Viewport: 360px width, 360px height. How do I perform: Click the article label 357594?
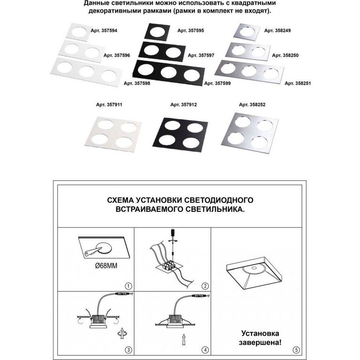point(104,30)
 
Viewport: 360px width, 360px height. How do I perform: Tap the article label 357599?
point(217,83)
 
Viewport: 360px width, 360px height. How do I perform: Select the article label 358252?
point(252,105)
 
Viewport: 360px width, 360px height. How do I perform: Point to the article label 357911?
point(109,105)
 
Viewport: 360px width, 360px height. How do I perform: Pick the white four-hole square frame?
point(113,135)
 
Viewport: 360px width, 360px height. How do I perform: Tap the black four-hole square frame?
point(180,135)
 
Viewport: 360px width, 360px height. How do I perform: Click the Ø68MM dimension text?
point(106,266)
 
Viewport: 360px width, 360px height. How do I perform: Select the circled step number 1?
point(128,286)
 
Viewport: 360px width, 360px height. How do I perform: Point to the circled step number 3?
point(128,350)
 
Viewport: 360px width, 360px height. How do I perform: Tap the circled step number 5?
point(296,350)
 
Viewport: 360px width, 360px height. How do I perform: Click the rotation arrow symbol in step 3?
point(122,334)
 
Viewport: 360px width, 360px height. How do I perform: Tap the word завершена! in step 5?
point(260,343)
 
